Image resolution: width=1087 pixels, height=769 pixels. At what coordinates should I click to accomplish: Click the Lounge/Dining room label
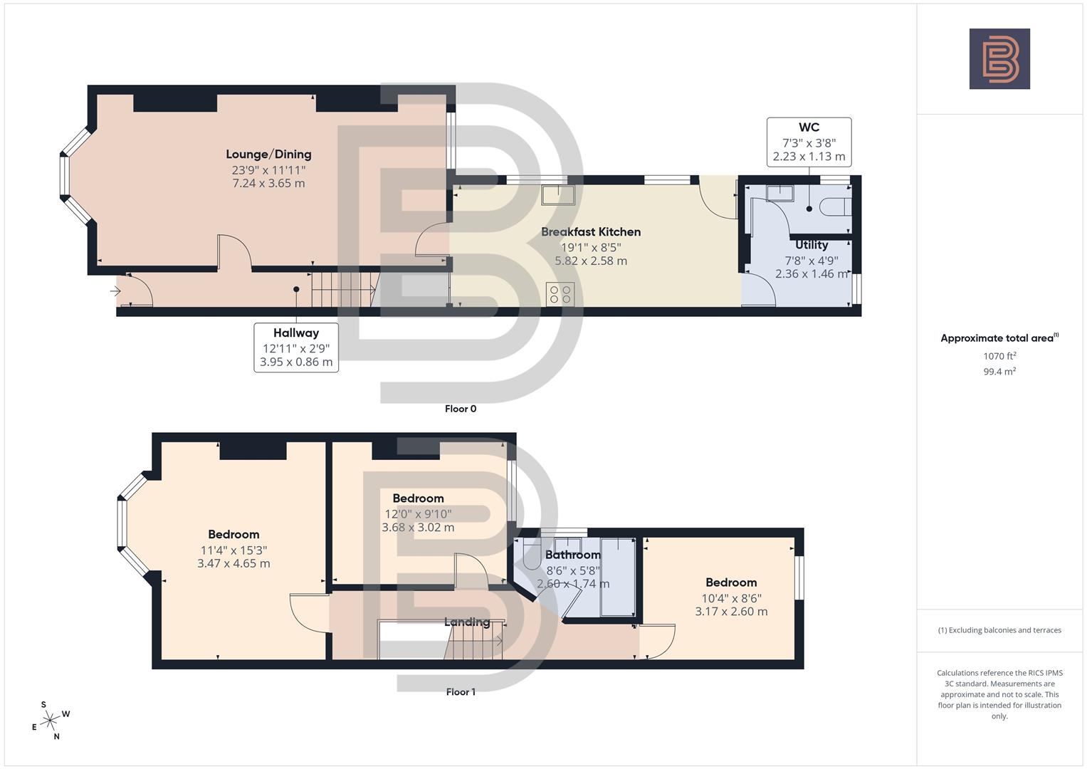[x=268, y=155]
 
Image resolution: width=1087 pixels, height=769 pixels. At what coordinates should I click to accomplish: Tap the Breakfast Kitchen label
[x=590, y=232]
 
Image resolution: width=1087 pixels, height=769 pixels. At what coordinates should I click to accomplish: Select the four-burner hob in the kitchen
[x=560, y=294]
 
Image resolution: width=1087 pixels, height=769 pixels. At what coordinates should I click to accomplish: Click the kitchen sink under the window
[x=557, y=194]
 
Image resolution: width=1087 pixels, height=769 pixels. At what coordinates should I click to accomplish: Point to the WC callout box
[x=809, y=142]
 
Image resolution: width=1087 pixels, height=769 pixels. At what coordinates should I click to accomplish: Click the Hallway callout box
[x=296, y=347]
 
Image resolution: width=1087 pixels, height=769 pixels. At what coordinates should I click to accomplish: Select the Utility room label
[x=812, y=245]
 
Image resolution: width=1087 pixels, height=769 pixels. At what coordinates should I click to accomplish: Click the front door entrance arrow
[x=115, y=291]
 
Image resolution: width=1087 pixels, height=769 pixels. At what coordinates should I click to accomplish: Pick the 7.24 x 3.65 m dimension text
[x=268, y=183]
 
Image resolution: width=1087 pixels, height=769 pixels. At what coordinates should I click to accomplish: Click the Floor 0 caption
[x=461, y=409]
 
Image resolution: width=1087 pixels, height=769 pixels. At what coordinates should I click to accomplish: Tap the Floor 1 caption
[x=461, y=692]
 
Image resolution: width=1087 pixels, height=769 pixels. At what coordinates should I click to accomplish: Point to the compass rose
[x=50, y=721]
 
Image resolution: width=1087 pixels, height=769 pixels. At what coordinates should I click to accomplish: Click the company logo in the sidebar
[x=999, y=59]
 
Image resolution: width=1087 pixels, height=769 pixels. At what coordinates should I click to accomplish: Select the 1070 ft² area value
[x=999, y=356]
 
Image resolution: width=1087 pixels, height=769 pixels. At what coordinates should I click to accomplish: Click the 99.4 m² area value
[x=999, y=372]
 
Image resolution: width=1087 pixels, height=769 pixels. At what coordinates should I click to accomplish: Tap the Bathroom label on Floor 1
[x=573, y=555]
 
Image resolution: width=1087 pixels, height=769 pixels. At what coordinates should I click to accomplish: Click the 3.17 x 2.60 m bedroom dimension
[x=731, y=612]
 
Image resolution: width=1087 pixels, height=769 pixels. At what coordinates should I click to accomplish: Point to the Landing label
[x=467, y=622]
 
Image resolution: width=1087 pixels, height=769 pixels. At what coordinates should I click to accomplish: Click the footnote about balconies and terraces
[x=999, y=630]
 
